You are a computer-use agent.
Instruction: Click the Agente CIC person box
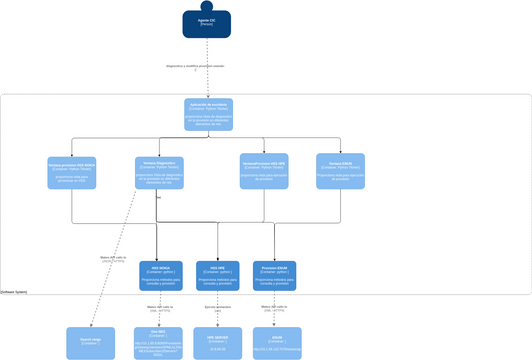pyautogui.click(x=207, y=25)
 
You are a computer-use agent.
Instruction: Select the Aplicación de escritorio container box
pyautogui.click(x=208, y=113)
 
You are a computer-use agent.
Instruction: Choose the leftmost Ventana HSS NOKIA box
pyautogui.click(x=72, y=172)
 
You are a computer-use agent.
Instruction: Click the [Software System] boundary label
pyautogui.click(x=15, y=292)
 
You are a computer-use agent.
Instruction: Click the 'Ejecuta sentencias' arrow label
pyautogui.click(x=217, y=308)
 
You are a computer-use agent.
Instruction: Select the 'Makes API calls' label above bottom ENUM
pyautogui.click(x=274, y=309)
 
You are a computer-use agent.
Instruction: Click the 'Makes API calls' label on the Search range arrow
pyautogui.click(x=113, y=258)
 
